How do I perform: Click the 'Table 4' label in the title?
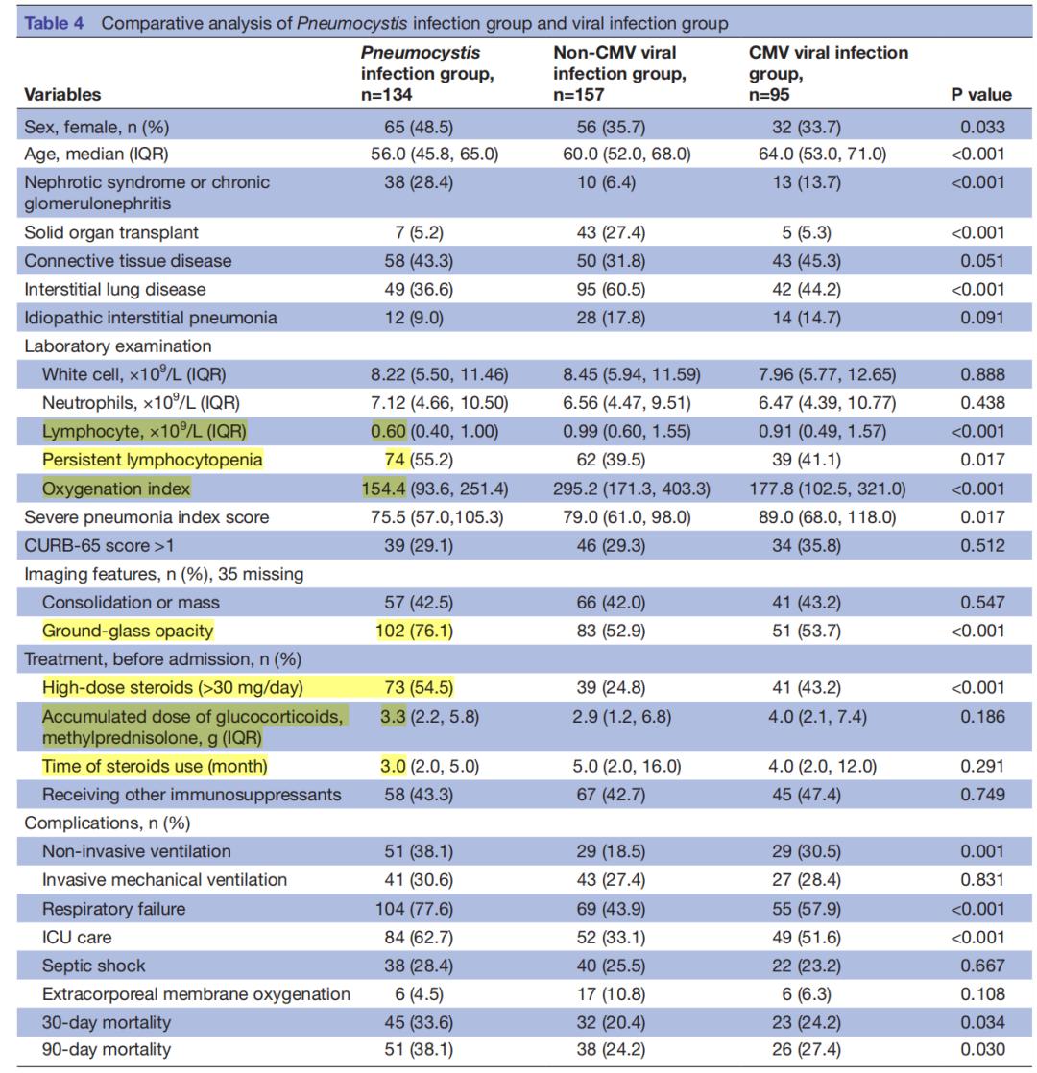click(54, 23)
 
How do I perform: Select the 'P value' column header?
click(980, 94)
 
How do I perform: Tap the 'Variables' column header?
click(62, 94)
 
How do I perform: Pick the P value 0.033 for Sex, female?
click(982, 127)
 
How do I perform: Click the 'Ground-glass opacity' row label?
click(128, 631)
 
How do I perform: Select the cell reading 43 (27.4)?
click(610, 232)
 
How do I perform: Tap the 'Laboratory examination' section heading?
click(118, 346)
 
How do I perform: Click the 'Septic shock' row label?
click(94, 966)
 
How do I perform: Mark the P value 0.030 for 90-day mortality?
click(982, 1050)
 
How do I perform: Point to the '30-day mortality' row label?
click(107, 1022)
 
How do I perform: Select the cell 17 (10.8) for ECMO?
click(610, 994)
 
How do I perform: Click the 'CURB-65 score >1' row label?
click(98, 545)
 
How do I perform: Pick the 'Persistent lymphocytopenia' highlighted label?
click(152, 460)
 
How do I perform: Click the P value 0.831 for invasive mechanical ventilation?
click(982, 880)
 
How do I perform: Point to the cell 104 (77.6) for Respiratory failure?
click(415, 909)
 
